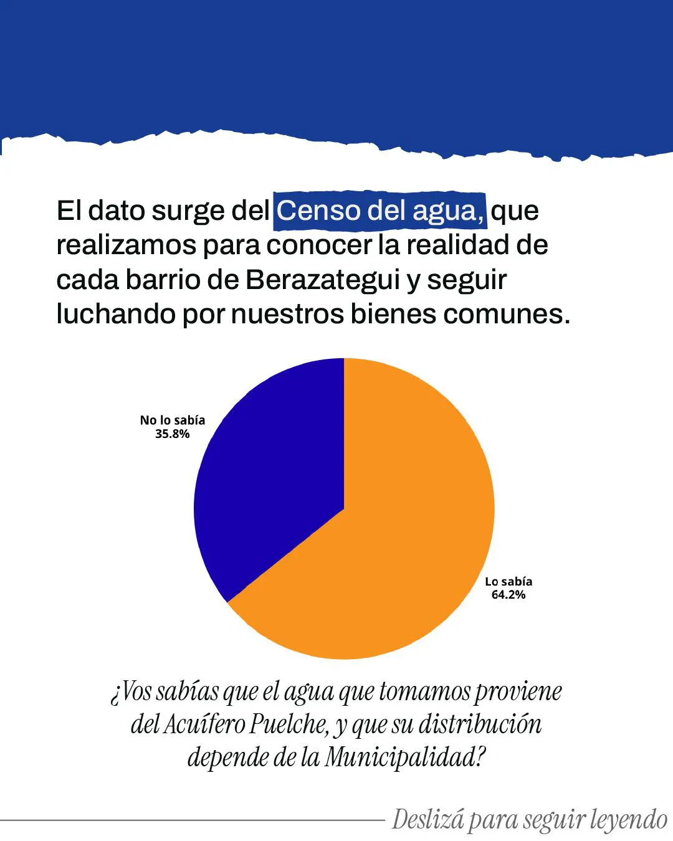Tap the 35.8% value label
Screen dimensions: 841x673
click(172, 434)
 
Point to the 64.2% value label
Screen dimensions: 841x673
click(508, 595)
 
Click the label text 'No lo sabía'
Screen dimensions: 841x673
click(172, 420)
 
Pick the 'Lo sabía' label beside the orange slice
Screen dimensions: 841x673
click(508, 581)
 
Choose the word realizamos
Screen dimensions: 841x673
click(126, 245)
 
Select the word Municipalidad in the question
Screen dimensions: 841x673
click(404, 758)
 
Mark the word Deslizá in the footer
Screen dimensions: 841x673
click(428, 820)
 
